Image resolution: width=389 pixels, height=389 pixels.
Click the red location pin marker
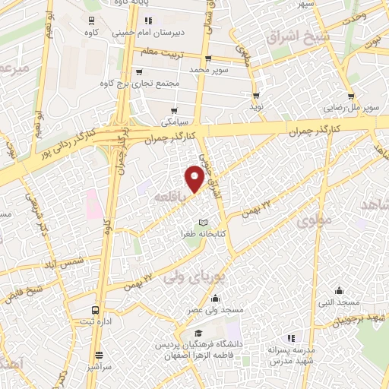pos(195,179)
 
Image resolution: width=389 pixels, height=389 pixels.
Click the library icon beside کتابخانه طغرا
pos(202,222)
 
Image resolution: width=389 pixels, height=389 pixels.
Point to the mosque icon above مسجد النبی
pos(340,289)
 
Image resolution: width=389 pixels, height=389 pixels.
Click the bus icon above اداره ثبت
pos(95,310)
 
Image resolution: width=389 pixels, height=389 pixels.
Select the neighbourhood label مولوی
pos(315,222)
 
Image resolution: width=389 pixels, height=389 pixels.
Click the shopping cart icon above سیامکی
pos(176,111)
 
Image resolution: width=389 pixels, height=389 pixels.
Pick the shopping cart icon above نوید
pos(256,96)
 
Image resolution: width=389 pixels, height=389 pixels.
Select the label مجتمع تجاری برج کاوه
pos(138,83)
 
